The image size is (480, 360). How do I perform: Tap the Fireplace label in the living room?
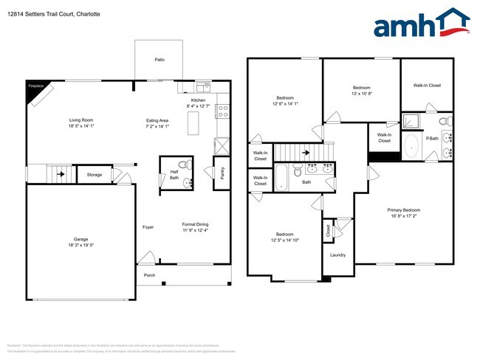(35, 86)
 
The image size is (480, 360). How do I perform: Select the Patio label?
(159, 59)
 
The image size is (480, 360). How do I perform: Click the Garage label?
(80, 239)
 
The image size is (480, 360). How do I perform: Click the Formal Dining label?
(196, 224)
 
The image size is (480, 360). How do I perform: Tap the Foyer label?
(148, 227)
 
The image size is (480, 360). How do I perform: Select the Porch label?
(150, 275)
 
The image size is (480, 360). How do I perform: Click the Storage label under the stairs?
(94, 175)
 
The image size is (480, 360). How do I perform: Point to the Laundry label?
(338, 255)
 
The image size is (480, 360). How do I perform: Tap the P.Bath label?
(432, 138)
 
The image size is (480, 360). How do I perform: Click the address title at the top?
(55, 14)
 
